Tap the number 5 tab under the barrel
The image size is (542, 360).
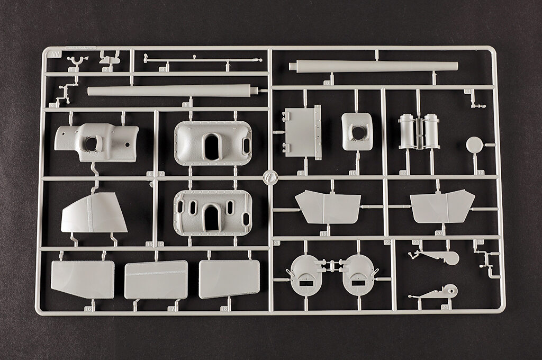(x=186, y=104)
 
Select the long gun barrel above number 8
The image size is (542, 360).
(x=373, y=67)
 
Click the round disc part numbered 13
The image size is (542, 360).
(x=474, y=144)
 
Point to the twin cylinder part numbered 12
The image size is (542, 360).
(x=419, y=131)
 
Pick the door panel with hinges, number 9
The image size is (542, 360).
(x=303, y=132)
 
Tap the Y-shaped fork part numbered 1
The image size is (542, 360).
(x=74, y=62)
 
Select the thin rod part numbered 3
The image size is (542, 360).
(x=201, y=60)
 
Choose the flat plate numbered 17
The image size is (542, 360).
(x=156, y=280)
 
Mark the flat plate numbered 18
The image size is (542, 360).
(x=229, y=278)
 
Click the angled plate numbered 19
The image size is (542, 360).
(x=328, y=207)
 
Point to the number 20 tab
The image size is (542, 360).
(x=439, y=232)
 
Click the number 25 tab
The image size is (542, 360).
(x=480, y=242)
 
